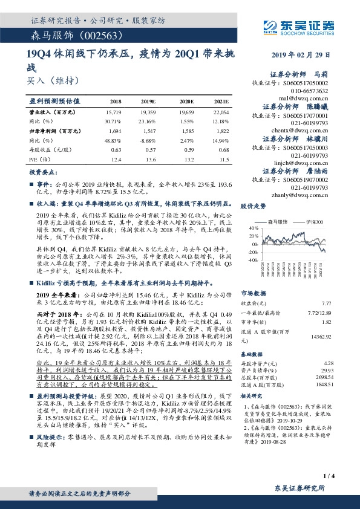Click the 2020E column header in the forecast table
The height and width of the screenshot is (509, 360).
point(187,102)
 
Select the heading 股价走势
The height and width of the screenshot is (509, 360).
point(254,206)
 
